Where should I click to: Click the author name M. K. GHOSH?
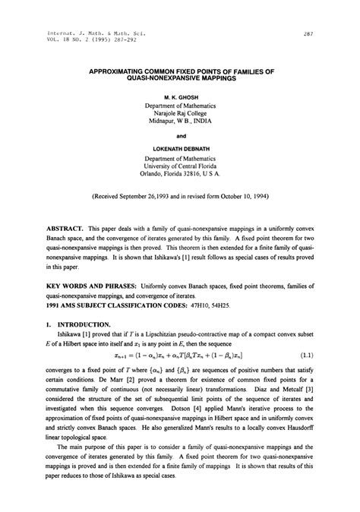[x=180, y=98]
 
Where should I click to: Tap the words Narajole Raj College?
[x=180, y=115]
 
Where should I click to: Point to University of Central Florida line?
[x=180, y=168]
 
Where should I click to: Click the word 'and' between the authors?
[x=180, y=137]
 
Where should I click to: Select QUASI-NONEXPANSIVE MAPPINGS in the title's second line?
[x=180, y=78]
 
